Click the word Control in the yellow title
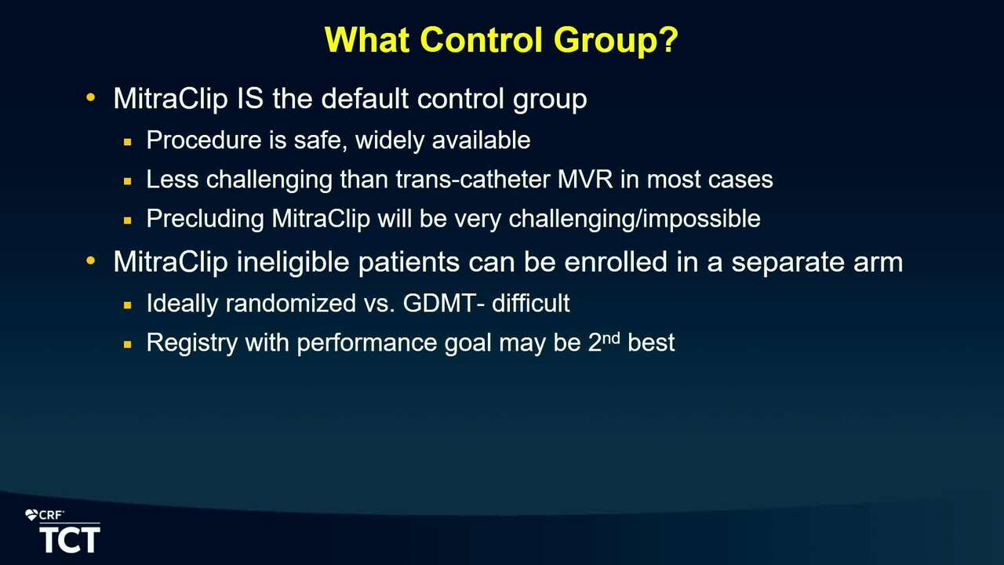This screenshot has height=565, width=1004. (x=482, y=39)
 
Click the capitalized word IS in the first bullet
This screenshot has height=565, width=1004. (x=249, y=98)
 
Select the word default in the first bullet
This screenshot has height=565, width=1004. (x=365, y=98)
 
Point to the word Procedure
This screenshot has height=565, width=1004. (x=204, y=140)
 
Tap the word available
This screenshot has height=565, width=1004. (x=481, y=140)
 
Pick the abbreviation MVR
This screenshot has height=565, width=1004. (x=585, y=180)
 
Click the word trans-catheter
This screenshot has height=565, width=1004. (x=473, y=180)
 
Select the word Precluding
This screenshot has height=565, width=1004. (x=206, y=219)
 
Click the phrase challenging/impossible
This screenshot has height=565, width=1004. (x=635, y=220)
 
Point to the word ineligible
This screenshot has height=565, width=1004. (x=293, y=262)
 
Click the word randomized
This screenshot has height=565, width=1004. (x=291, y=303)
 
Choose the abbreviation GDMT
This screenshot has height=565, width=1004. (x=439, y=303)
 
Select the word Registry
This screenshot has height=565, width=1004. (x=192, y=343)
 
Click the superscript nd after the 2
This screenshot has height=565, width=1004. (x=611, y=337)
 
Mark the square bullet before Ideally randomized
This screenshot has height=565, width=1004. (x=128, y=305)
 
